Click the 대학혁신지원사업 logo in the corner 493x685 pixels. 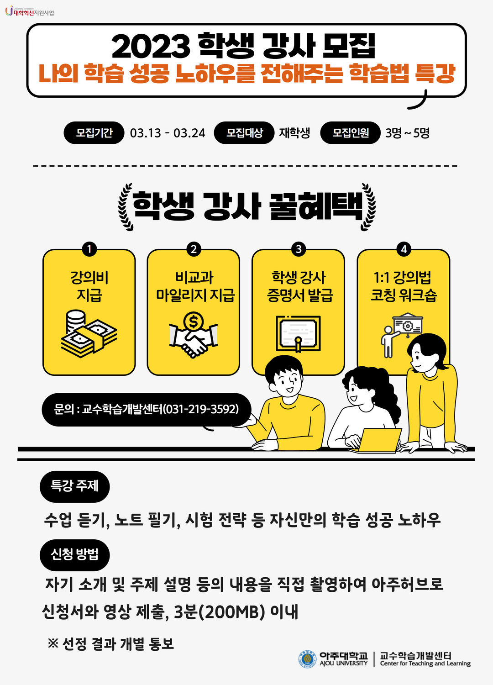click(x=29, y=11)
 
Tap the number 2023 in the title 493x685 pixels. click(x=151, y=47)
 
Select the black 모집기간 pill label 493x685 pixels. click(x=94, y=133)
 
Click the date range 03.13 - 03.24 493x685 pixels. click(x=168, y=133)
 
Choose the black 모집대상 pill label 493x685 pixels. click(x=244, y=133)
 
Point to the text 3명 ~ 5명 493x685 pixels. click(x=407, y=133)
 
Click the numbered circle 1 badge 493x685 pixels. click(x=89, y=249)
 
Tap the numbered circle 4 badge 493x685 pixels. click(x=404, y=249)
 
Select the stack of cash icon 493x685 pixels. click(x=89, y=334)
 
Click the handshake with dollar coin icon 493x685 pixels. click(x=194, y=335)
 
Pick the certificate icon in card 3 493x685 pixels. click(x=298, y=334)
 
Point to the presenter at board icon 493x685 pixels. click(x=402, y=335)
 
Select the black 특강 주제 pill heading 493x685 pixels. click(x=74, y=486)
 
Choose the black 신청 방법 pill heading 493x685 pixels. click(x=74, y=555)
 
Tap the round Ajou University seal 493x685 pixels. click(x=308, y=659)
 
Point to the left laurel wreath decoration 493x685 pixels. click(x=126, y=207)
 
